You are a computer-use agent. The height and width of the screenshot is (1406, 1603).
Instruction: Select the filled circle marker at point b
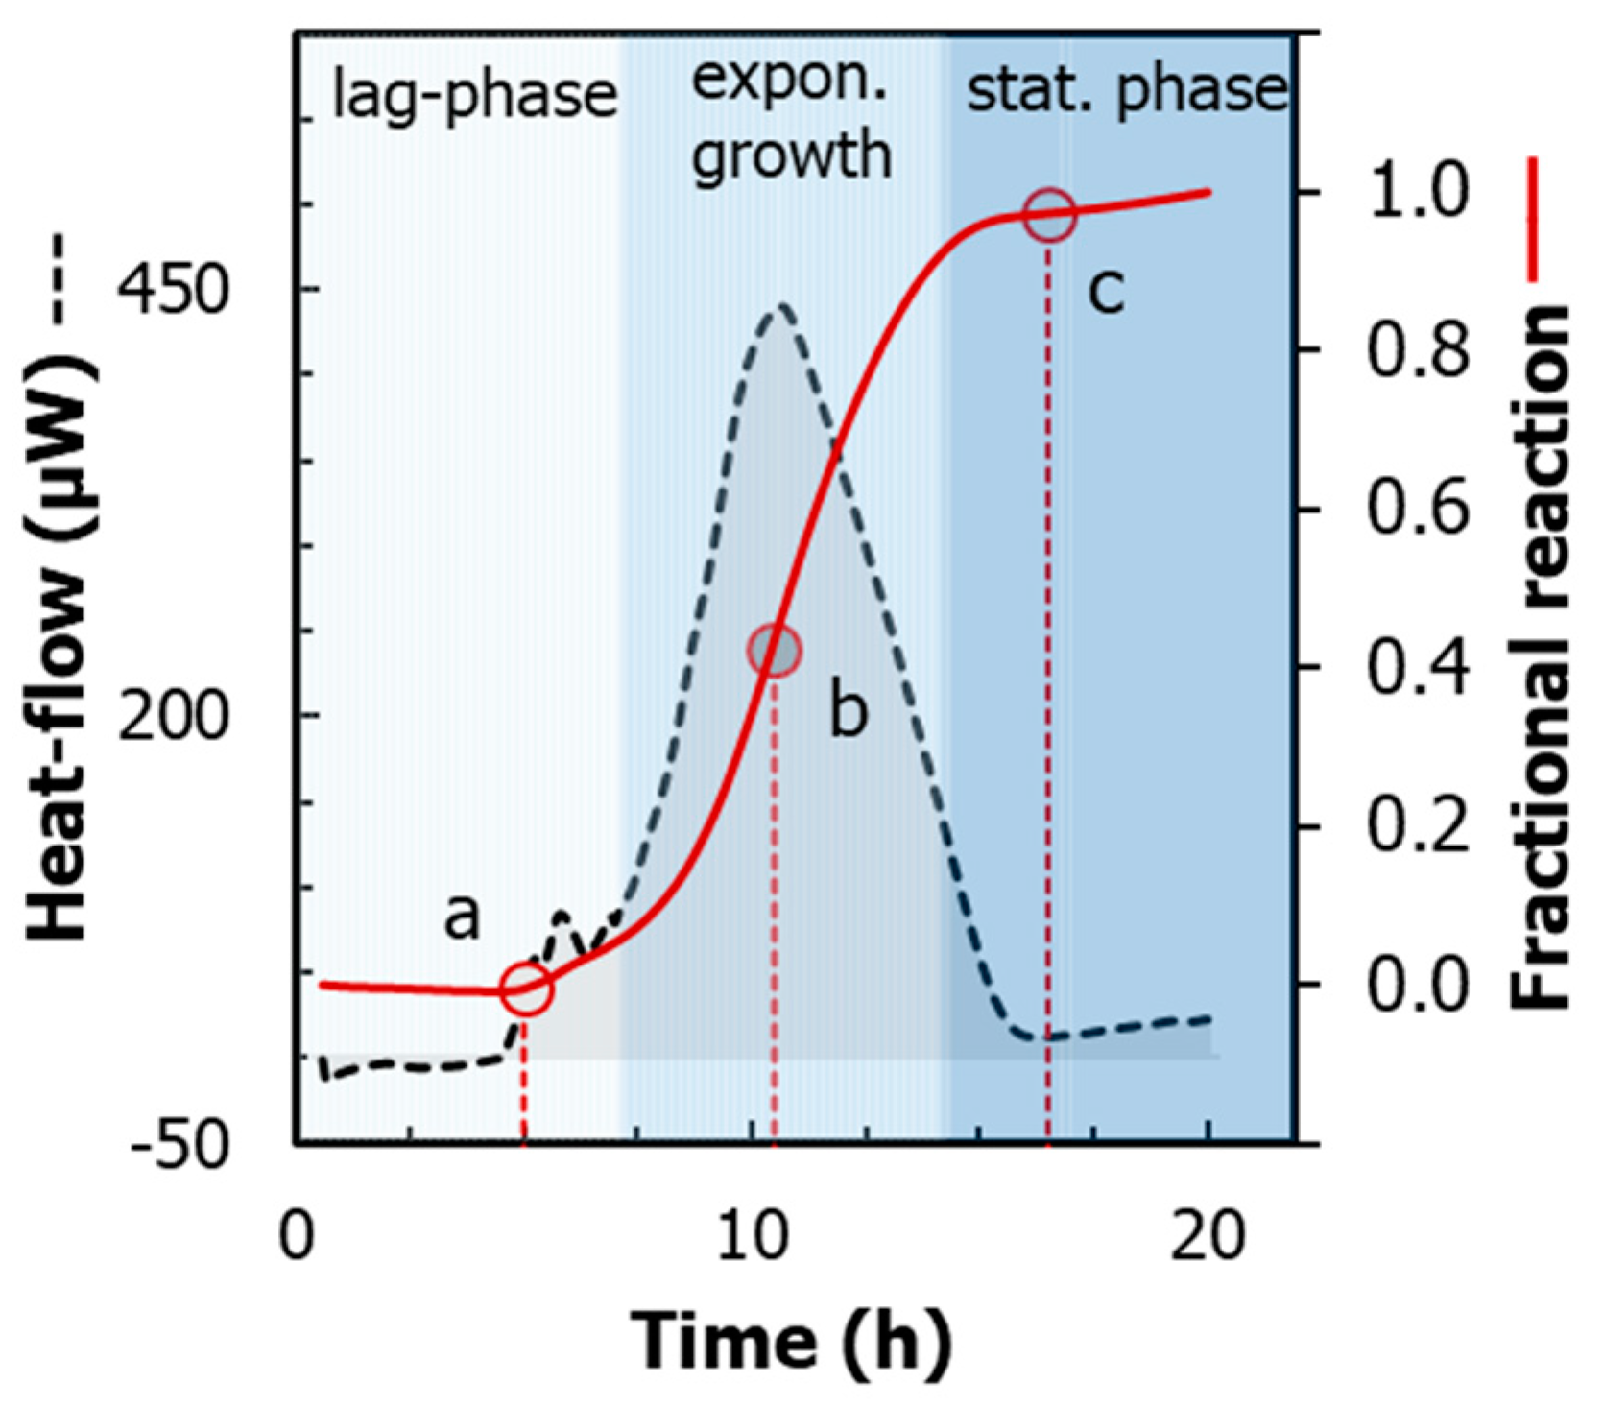click(774, 650)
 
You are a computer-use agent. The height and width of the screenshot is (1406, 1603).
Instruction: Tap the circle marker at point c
click(1049, 215)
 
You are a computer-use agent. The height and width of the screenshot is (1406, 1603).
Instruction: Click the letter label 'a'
click(462, 917)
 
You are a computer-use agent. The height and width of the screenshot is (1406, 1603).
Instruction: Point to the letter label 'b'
click(849, 712)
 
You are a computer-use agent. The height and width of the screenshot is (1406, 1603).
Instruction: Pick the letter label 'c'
click(1105, 290)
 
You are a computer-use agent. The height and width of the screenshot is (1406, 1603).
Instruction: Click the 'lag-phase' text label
click(474, 96)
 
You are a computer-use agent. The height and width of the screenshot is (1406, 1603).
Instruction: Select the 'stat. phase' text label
click(1125, 91)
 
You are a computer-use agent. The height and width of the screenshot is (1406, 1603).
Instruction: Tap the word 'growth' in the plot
click(792, 155)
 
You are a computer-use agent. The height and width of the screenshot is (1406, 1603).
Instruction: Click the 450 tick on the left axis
click(174, 288)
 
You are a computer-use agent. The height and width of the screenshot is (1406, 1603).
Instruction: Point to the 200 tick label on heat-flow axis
click(174, 715)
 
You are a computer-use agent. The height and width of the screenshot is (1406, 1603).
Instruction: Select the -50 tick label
click(179, 1144)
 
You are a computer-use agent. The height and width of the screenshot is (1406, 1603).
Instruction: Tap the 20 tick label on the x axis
click(1208, 1237)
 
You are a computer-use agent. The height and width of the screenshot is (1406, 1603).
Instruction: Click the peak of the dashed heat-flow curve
click(781, 306)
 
